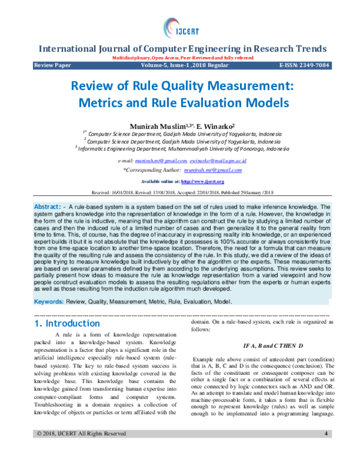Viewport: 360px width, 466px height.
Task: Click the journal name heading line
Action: pyautogui.click(x=182, y=49)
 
